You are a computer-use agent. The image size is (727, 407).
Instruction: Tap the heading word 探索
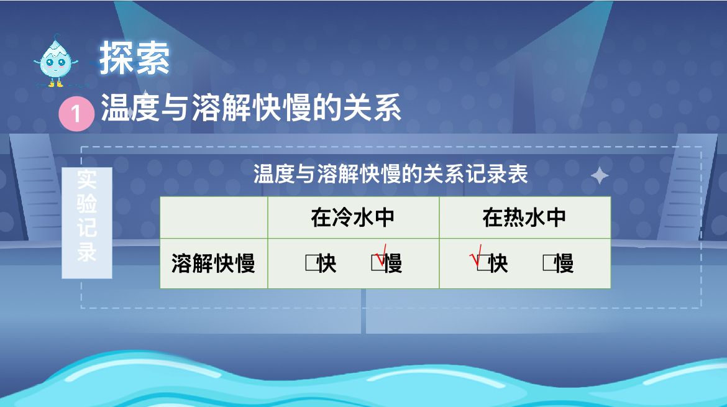coord(134,58)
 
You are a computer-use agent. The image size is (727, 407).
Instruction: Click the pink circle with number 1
coord(76,114)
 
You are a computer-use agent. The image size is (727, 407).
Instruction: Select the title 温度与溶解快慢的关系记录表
coord(390,175)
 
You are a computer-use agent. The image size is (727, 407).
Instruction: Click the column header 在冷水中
coord(353,217)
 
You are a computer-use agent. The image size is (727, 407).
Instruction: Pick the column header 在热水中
coord(524,217)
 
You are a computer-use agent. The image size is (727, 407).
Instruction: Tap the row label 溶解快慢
coord(213,263)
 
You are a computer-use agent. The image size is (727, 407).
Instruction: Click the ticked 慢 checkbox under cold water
coord(377,263)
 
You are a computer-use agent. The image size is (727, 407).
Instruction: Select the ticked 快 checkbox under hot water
coord(483,263)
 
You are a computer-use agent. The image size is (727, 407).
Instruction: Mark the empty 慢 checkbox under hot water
coord(549,263)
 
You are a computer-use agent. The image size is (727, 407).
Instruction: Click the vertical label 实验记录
coord(87,216)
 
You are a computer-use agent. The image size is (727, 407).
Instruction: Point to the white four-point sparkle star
coord(600,176)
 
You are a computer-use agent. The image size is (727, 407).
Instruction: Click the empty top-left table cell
coord(214,217)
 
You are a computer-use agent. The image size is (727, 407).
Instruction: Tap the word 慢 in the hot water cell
coord(564,263)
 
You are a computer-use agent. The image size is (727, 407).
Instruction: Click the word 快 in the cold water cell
coord(327,263)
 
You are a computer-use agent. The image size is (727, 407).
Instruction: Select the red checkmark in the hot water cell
coord(476,257)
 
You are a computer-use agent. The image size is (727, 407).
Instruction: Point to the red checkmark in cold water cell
coord(381,255)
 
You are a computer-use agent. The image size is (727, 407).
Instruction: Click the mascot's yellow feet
coord(56,83)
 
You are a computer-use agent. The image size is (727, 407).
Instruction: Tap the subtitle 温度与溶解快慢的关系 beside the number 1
coord(251,107)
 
